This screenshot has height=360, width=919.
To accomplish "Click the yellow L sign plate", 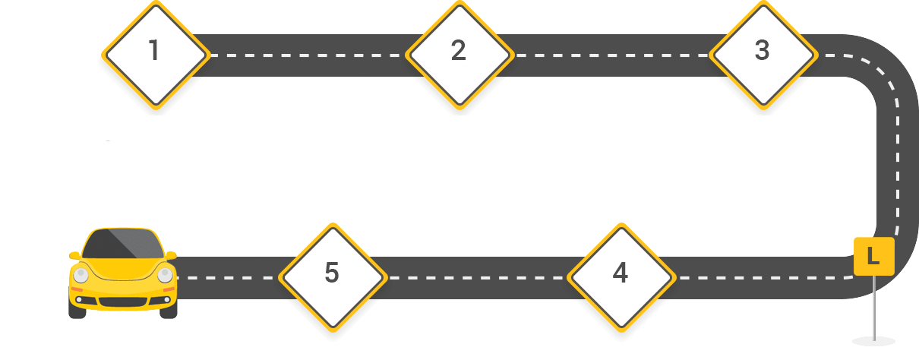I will click(873, 257).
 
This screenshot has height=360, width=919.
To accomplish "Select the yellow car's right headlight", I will click(164, 275).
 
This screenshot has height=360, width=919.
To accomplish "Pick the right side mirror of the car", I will click(172, 255).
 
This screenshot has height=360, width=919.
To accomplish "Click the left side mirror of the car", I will click(74, 255).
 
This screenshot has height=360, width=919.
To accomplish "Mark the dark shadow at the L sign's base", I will click(873, 339).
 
